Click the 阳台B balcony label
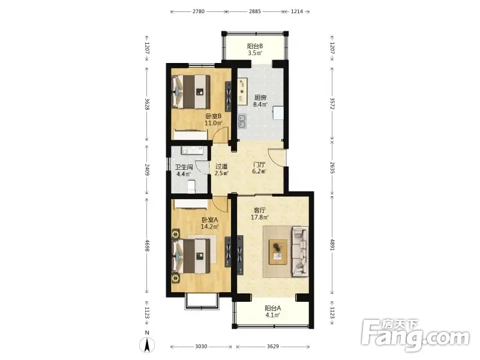(255, 49)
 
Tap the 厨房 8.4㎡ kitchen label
(260, 101)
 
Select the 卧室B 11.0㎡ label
(214, 119)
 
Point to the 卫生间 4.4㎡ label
(184, 170)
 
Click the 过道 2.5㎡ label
(221, 170)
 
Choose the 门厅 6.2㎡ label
(259, 168)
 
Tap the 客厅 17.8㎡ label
(260, 214)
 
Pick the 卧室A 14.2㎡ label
(209, 223)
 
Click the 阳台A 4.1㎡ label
(272, 311)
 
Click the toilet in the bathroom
(191, 187)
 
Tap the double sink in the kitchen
(242, 121)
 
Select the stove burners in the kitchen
(242, 91)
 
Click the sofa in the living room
(300, 251)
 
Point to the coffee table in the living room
(278, 251)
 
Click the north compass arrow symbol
(147, 345)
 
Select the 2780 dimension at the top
(199, 11)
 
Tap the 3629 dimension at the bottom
(273, 346)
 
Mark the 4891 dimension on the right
(332, 244)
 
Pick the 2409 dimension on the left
(147, 170)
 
